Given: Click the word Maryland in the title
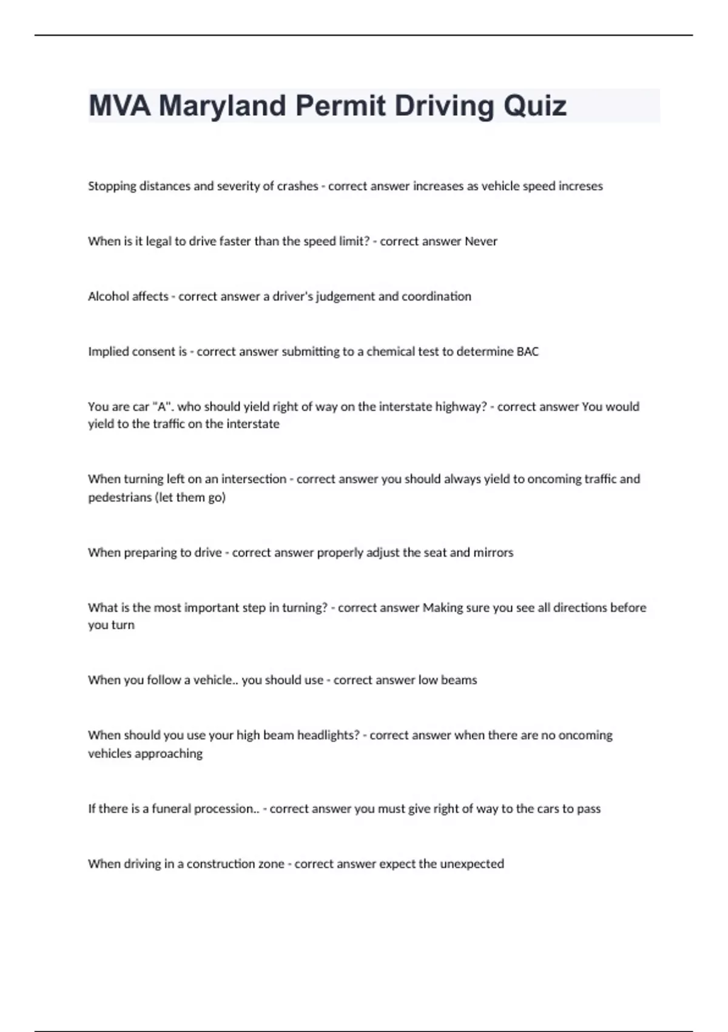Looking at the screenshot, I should [x=222, y=106].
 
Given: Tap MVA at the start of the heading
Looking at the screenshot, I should [x=120, y=106].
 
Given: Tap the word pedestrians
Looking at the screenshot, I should [x=120, y=497].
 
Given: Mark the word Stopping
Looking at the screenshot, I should [x=112, y=186].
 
